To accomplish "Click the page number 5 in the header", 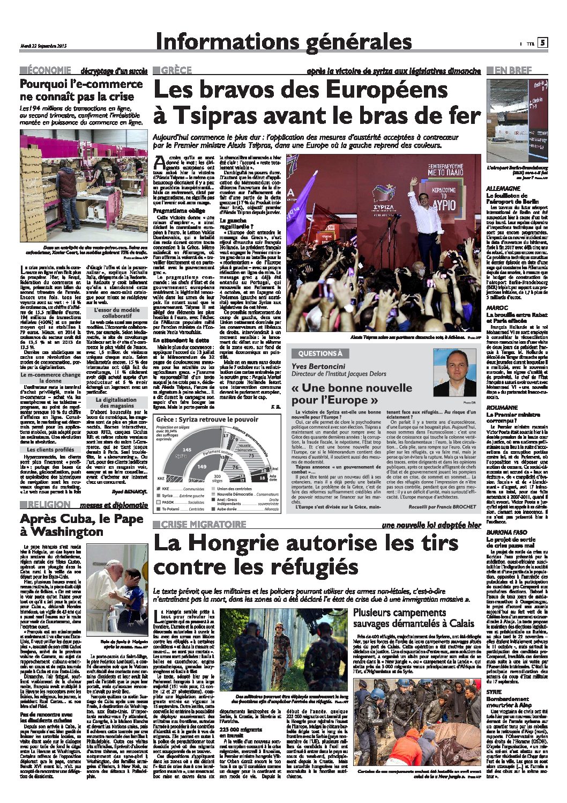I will point(542,43).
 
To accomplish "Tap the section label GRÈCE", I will point(176,70).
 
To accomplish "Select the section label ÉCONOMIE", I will point(49,70).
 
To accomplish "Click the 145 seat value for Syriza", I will point(187,449).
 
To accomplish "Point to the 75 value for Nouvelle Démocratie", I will point(251,455).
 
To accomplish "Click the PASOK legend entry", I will point(167,502).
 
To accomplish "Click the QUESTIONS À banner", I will point(320,353).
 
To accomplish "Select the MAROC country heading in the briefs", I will point(496,308).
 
